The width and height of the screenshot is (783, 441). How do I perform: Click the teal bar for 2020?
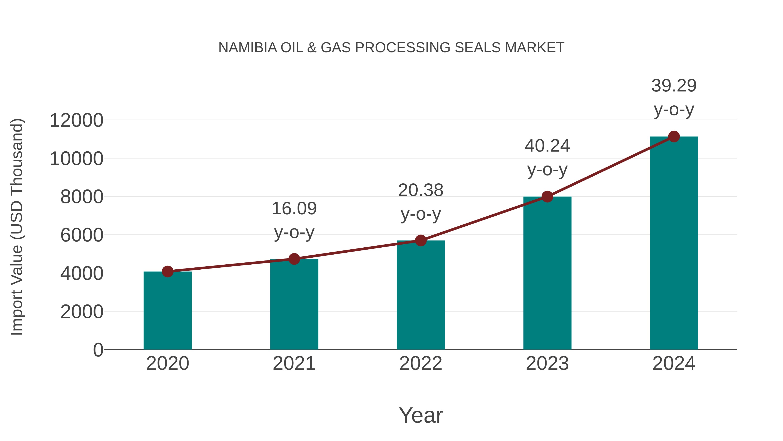(167, 310)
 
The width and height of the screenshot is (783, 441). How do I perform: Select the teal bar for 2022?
(421, 295)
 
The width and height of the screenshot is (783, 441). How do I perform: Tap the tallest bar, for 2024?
(674, 243)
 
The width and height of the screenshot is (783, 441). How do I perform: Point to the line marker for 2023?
(547, 197)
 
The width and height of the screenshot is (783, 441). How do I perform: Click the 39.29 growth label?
(674, 86)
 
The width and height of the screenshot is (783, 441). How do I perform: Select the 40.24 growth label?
(547, 146)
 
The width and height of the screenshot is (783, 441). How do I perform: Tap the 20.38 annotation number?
(421, 191)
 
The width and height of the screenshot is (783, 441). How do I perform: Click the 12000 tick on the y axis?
(76, 120)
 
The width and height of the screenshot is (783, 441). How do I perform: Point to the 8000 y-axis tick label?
(82, 197)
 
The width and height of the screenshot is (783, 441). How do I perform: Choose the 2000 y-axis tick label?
(82, 312)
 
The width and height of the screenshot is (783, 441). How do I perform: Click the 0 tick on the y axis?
(98, 350)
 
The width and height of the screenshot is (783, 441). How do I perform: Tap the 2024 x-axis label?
(674, 364)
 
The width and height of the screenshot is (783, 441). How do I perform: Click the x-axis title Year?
(421, 416)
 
